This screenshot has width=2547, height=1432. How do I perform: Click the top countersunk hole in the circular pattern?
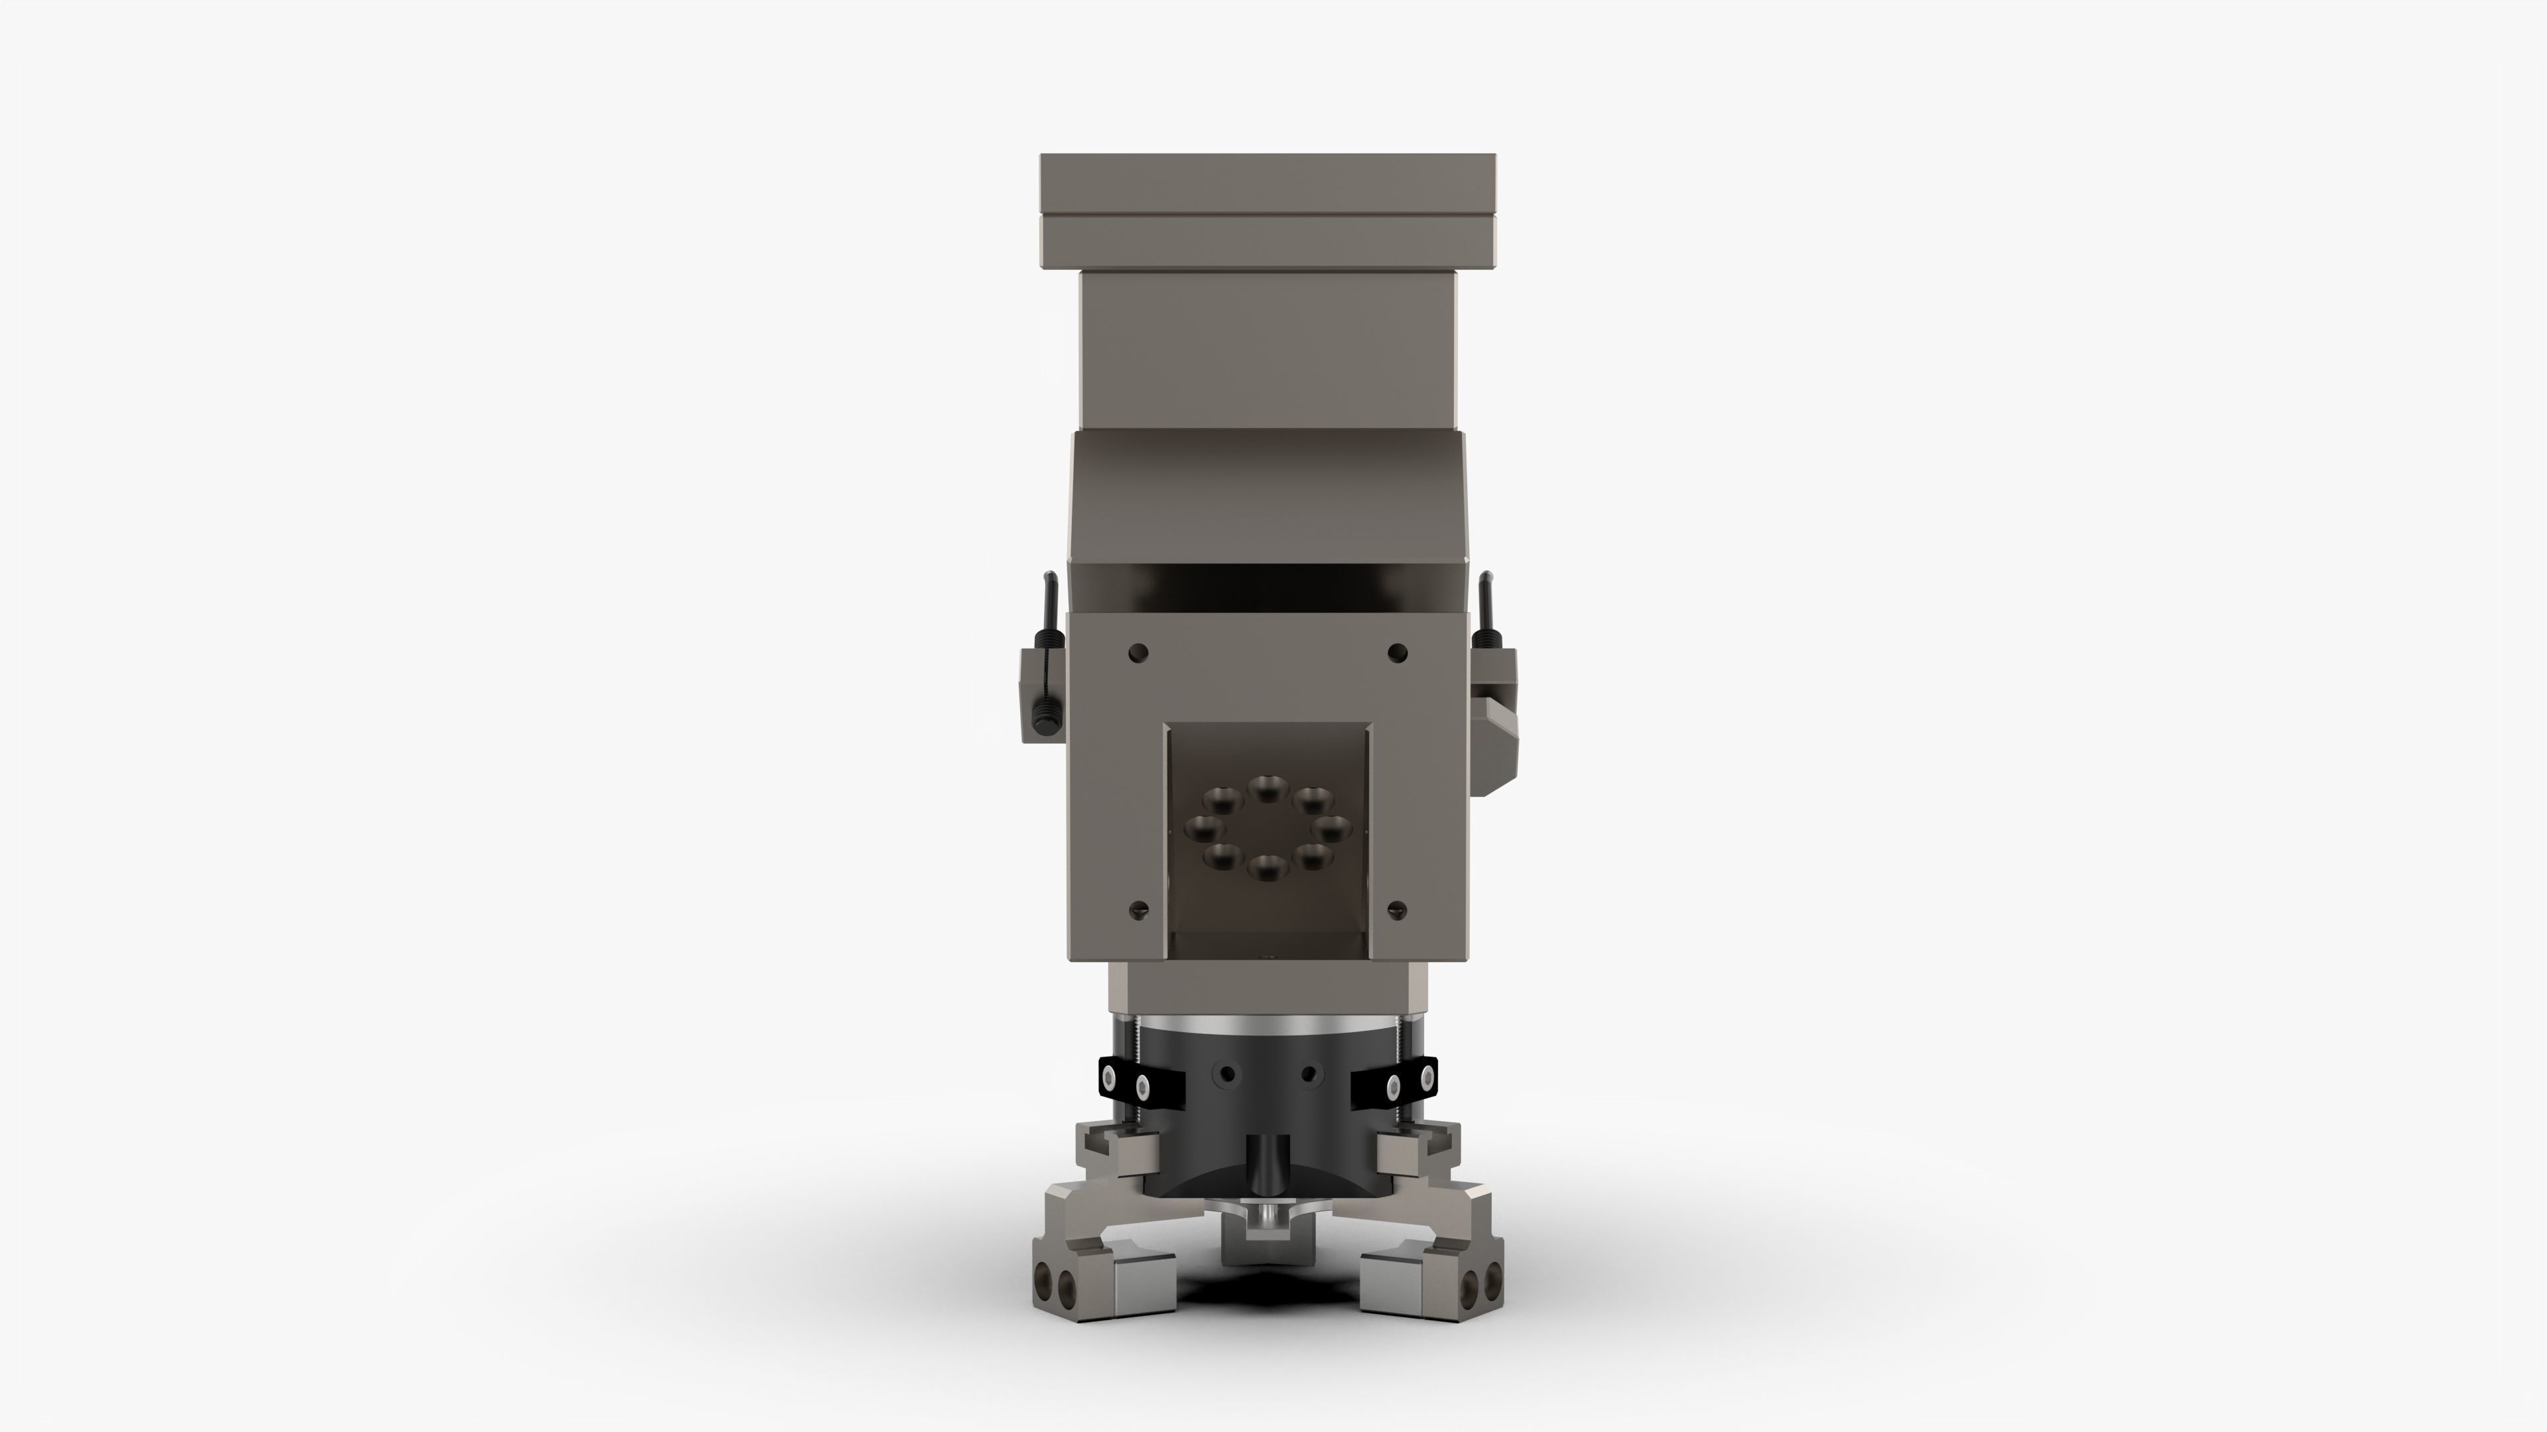[x=1265, y=788]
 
